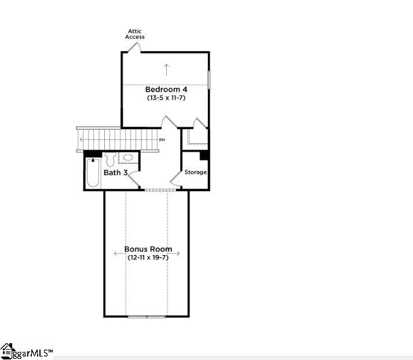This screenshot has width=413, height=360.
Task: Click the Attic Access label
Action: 135,34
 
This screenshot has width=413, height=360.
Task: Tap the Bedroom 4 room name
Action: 166,89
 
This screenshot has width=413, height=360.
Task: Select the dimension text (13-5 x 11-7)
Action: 166,98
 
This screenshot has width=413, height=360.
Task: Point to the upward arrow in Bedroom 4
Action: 166,70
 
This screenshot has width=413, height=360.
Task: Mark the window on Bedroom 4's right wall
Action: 209,79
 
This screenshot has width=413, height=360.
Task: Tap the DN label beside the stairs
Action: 162,140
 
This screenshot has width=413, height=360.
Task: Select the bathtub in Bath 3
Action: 93,173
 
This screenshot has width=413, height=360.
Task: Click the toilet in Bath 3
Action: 111,159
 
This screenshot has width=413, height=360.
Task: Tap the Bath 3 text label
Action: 115,173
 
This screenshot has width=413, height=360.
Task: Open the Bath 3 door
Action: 134,180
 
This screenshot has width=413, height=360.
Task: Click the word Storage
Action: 195,172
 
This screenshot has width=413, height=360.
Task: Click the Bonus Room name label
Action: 148,249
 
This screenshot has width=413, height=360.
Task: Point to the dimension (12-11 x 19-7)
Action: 148,257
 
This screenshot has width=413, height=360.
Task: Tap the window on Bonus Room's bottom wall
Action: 147,317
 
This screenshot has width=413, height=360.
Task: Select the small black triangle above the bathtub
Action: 93,160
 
